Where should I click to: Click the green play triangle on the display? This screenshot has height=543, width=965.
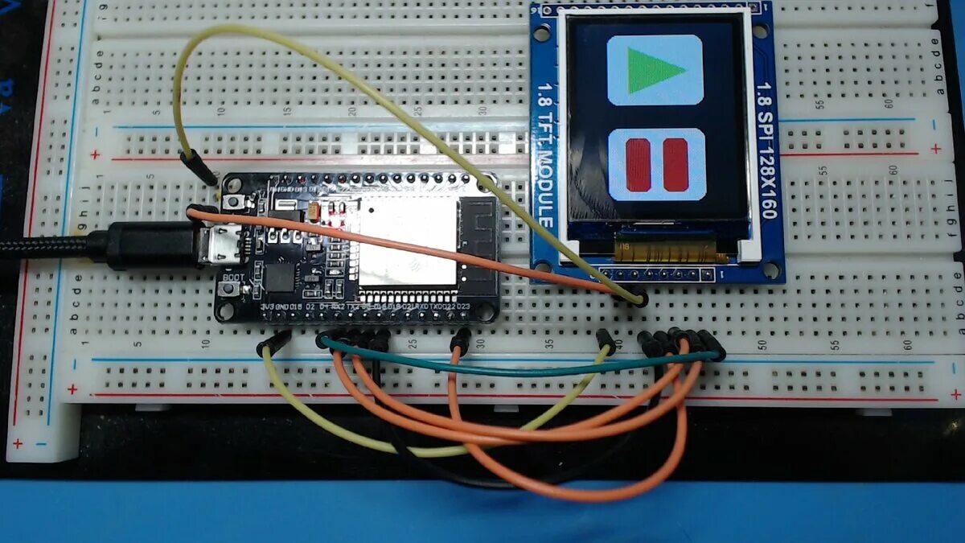654,70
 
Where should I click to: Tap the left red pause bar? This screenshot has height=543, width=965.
638,164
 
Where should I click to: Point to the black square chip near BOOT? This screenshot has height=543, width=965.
280,278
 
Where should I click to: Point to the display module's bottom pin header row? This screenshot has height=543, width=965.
663,275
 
